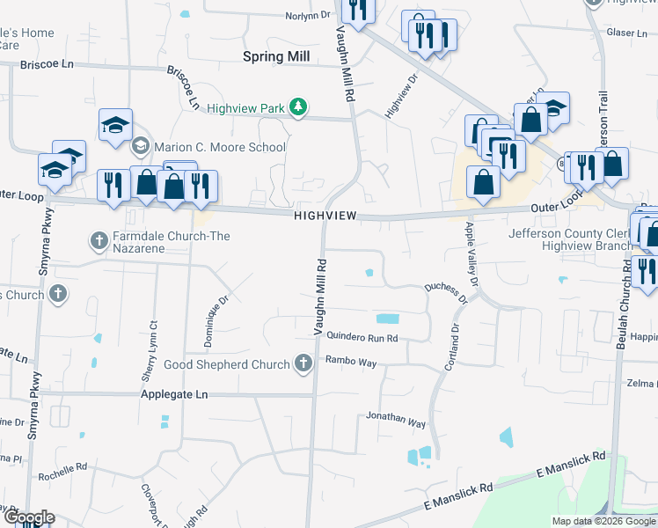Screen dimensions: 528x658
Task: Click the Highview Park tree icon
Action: coord(299,107)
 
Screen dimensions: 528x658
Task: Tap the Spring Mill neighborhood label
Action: coord(276,56)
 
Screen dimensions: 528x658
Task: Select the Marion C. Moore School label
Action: coord(219,147)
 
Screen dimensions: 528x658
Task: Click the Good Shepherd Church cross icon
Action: coord(303,363)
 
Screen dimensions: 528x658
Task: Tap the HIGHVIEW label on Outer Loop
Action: coord(325,216)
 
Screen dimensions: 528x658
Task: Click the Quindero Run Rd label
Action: coord(362,337)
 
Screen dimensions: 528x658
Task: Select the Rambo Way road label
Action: coord(351,359)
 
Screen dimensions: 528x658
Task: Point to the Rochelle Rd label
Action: coord(62,472)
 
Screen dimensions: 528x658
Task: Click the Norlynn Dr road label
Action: coord(308,15)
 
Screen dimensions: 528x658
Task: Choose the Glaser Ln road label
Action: coord(627,32)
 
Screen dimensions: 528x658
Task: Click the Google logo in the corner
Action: coord(28,517)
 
